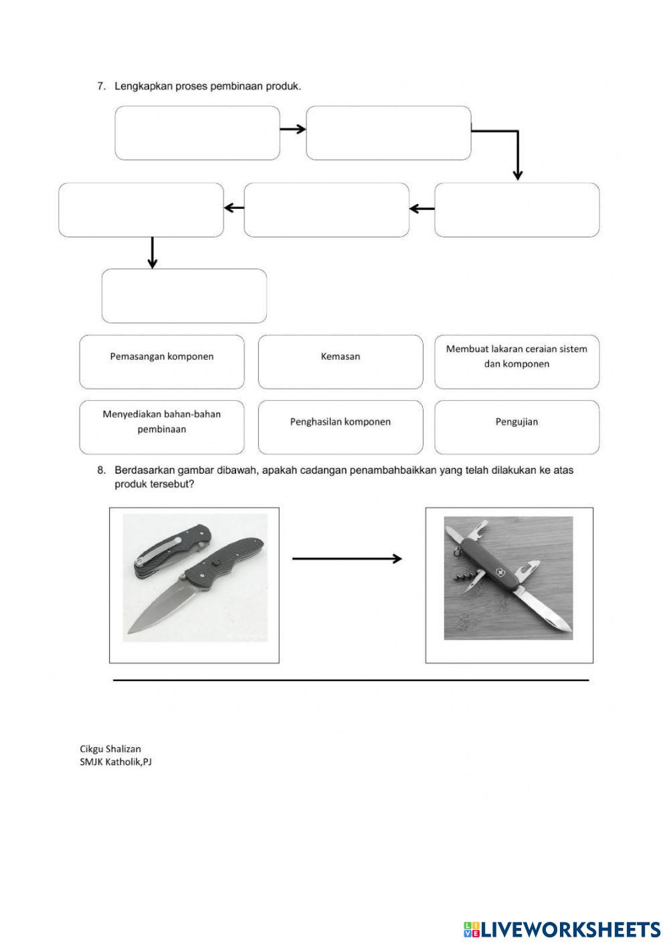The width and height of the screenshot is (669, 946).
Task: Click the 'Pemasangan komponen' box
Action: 162,362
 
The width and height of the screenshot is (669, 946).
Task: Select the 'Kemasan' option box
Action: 341,362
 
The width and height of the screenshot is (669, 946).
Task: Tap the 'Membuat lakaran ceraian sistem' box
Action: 516,362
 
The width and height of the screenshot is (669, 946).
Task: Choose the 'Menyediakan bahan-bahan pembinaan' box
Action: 162,427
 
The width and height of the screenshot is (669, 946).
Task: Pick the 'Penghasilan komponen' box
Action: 341,427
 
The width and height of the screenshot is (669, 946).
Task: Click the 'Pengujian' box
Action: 516,427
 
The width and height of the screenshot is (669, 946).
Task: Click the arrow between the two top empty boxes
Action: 292,129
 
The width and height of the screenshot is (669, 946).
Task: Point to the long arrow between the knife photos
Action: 347,559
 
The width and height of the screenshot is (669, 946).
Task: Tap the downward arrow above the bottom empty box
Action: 153,253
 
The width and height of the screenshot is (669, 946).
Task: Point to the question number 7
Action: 102,86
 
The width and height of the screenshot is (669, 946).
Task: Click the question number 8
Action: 102,470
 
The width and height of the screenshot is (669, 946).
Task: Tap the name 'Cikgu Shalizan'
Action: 110,749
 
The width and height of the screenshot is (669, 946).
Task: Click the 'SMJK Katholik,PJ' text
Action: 116,761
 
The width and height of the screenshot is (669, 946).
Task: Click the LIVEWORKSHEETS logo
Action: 562,929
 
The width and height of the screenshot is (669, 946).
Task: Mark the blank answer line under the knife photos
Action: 351,680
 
